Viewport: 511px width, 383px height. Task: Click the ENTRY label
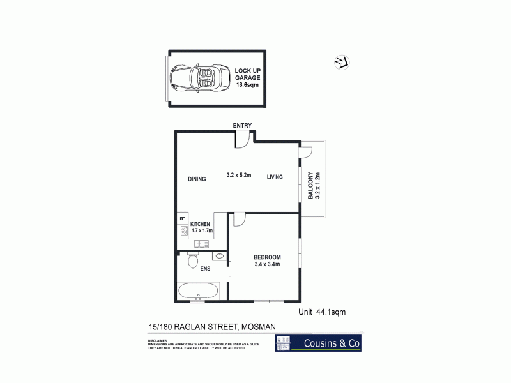click(242, 125)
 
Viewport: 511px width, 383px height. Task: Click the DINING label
click(197, 179)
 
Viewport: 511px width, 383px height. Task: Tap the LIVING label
click(275, 179)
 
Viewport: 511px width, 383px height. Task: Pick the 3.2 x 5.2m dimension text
click(240, 174)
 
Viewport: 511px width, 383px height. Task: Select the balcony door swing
click(305, 151)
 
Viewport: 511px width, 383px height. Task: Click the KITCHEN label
click(201, 225)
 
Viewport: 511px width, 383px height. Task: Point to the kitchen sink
click(201, 244)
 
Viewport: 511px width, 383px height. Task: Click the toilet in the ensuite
click(192, 261)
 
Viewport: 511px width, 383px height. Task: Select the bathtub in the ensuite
click(199, 292)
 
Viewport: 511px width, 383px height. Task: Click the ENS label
click(206, 269)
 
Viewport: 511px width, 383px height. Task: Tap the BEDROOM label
click(267, 257)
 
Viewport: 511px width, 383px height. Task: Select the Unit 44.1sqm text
click(323, 312)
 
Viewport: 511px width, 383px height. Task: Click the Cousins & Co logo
click(319, 343)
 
